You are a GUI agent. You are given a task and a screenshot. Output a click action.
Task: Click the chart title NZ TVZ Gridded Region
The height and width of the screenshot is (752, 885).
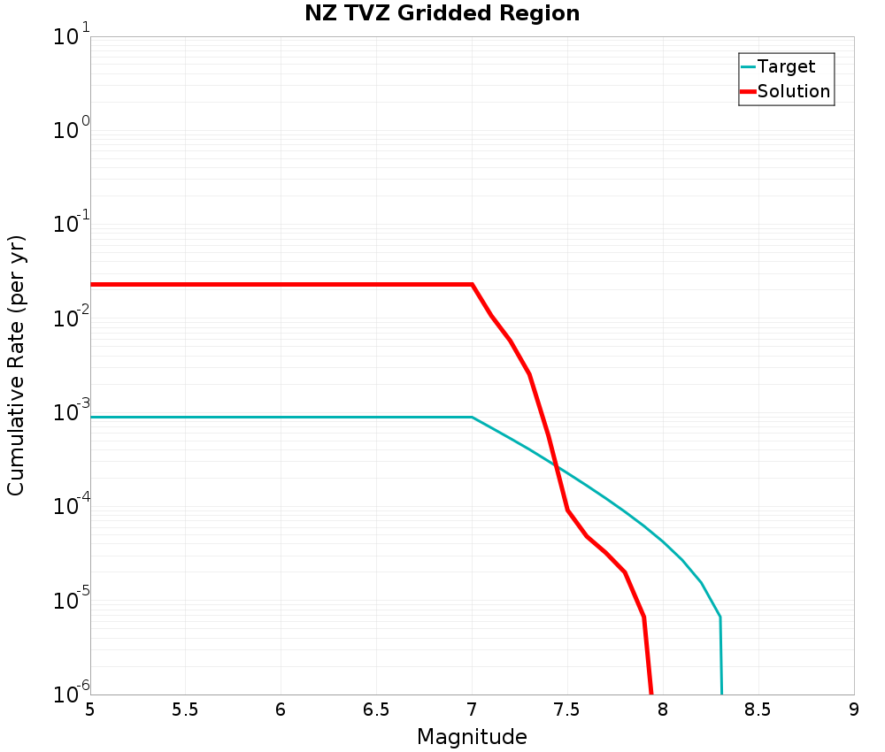coord(442,14)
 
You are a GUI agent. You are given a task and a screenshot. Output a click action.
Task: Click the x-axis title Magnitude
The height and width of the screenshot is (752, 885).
coord(472,737)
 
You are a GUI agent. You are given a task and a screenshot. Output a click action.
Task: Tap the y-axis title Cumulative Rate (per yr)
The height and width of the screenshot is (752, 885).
coord(17,365)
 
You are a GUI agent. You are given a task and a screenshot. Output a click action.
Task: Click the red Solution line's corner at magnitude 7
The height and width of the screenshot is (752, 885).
coord(472,284)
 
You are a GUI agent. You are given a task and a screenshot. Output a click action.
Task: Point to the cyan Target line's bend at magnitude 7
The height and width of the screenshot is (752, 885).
coord(472,417)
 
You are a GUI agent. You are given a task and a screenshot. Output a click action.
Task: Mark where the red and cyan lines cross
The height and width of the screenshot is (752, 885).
coord(555,464)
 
